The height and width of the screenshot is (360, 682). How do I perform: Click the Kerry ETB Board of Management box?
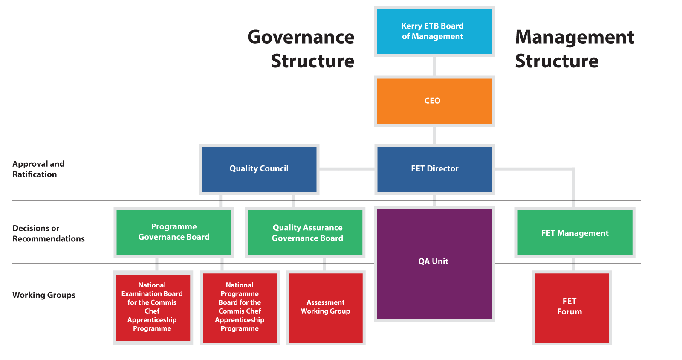[x=434, y=32]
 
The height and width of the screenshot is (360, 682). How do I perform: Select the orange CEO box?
[x=434, y=101]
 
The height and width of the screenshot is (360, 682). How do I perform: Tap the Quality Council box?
[x=259, y=170]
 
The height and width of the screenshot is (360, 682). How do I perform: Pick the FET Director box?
[x=434, y=170]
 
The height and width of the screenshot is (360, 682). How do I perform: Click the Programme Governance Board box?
[x=174, y=233]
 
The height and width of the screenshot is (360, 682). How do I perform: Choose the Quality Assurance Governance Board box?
[x=305, y=233]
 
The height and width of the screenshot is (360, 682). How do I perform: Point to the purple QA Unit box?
[x=434, y=264]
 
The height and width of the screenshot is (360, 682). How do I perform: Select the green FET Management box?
[x=575, y=233]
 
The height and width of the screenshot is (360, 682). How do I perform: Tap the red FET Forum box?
[x=572, y=308]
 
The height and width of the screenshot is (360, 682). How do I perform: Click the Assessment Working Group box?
[x=326, y=308]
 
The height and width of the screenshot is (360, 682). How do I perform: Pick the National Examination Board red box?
[x=153, y=308]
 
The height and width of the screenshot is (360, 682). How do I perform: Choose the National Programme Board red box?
[x=240, y=308]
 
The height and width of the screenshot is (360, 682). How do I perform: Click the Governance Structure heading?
[x=301, y=49]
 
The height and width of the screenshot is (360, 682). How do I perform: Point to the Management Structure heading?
[x=574, y=49]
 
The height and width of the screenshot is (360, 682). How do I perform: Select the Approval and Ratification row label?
[x=38, y=169]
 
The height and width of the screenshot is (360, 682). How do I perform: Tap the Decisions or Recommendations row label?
[x=49, y=233]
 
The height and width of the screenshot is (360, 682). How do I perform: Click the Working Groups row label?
[x=44, y=295]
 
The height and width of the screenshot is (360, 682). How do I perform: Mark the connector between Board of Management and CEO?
[x=434, y=67]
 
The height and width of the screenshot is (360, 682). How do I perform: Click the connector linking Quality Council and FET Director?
[x=347, y=169]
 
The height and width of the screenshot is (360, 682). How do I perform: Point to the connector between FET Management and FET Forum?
[x=573, y=264]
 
